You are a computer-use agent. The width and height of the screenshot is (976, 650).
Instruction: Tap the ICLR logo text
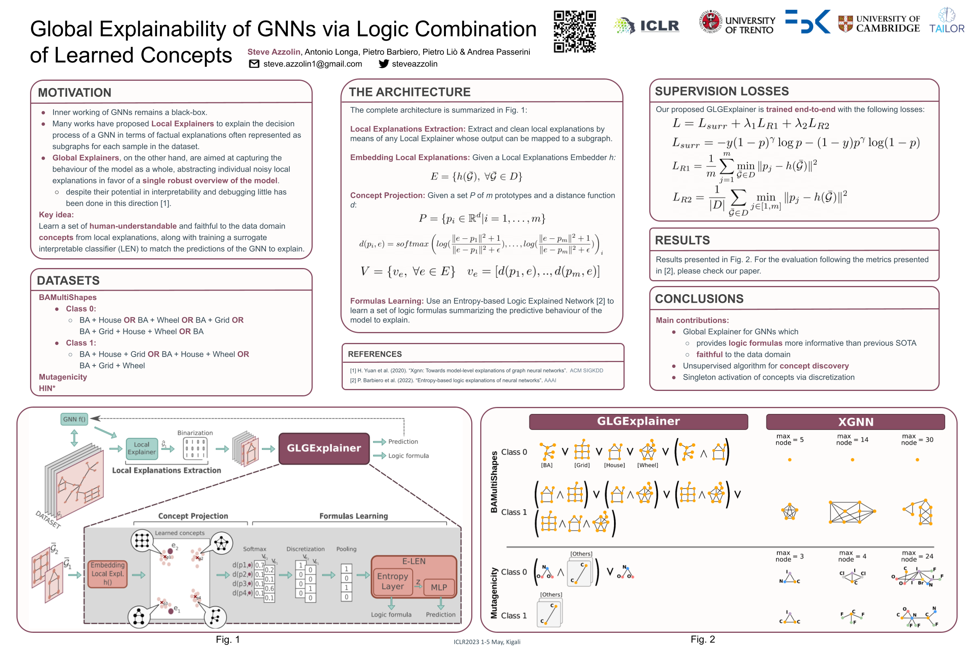tap(659, 26)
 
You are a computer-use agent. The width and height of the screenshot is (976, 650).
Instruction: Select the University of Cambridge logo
tap(878, 24)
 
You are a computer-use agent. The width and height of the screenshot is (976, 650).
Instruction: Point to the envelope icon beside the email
tap(254, 64)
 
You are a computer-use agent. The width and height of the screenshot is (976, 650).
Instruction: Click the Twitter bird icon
tap(384, 64)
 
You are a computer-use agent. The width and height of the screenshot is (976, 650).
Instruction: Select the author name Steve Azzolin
tap(274, 52)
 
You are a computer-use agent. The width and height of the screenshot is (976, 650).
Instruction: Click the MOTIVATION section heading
tap(75, 92)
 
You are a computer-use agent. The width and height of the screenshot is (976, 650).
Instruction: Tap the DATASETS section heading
tap(68, 281)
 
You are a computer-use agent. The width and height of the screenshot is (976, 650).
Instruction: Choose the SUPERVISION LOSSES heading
tap(722, 91)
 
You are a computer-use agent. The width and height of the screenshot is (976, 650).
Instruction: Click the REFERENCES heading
tap(374, 354)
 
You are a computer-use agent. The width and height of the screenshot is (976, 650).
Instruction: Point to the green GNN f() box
tap(74, 419)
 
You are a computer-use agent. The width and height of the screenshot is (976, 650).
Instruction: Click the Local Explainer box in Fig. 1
tap(141, 448)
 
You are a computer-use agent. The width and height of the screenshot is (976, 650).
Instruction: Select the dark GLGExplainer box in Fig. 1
tap(324, 448)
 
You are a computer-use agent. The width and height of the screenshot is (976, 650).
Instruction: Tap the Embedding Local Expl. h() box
tap(107, 574)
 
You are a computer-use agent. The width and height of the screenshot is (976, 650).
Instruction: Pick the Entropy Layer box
tap(392, 581)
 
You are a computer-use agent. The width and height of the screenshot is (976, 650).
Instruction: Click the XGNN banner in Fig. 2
tap(855, 422)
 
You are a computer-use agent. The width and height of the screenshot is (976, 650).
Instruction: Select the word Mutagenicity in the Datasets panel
tap(63, 377)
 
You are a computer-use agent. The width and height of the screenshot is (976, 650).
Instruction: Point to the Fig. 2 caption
tap(703, 639)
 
